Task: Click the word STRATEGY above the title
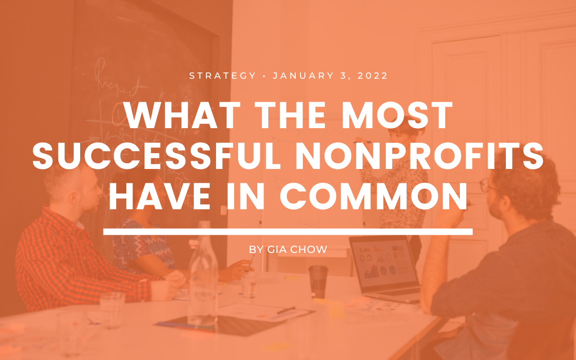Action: (223, 76)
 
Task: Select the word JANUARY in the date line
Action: (303, 76)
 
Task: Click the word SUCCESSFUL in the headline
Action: (156, 156)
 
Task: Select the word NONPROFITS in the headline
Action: (420, 156)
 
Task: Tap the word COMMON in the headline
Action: (373, 197)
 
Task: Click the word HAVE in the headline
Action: (160, 197)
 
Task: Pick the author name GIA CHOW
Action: (297, 250)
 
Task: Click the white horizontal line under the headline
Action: (288, 232)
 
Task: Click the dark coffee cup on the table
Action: (318, 281)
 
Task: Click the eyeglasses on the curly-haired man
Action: (487, 185)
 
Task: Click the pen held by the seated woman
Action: (252, 259)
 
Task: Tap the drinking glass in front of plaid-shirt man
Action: (112, 310)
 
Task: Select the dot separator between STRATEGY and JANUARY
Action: (264, 76)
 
